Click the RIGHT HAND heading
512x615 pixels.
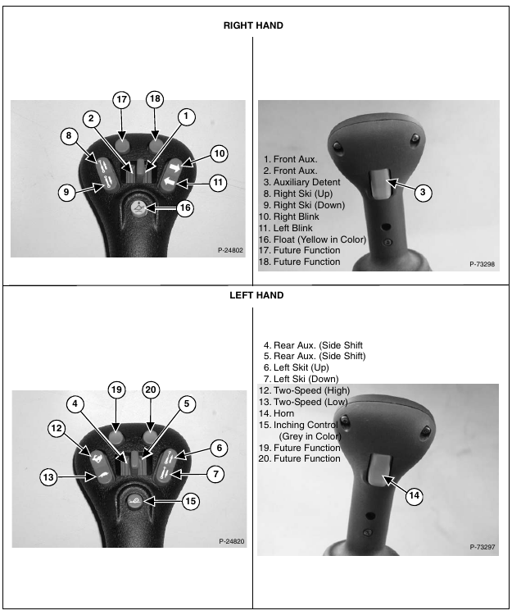[253, 25]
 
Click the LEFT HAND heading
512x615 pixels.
[256, 295]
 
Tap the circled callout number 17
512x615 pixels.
[121, 99]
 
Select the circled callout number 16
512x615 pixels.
[185, 207]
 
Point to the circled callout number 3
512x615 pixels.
[423, 192]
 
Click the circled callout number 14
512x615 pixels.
[414, 496]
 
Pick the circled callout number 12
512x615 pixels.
[57, 428]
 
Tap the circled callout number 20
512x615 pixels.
[151, 389]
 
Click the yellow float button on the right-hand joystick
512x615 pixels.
[138, 207]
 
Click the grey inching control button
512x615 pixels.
[134, 501]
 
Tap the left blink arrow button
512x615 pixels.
[169, 181]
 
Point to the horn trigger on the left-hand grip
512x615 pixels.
[378, 469]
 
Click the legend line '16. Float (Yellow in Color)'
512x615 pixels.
[312, 239]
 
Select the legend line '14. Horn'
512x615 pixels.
[276, 413]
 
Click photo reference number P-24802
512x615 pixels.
[230, 250]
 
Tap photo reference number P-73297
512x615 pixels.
[483, 547]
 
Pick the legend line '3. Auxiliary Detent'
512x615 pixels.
[301, 182]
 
